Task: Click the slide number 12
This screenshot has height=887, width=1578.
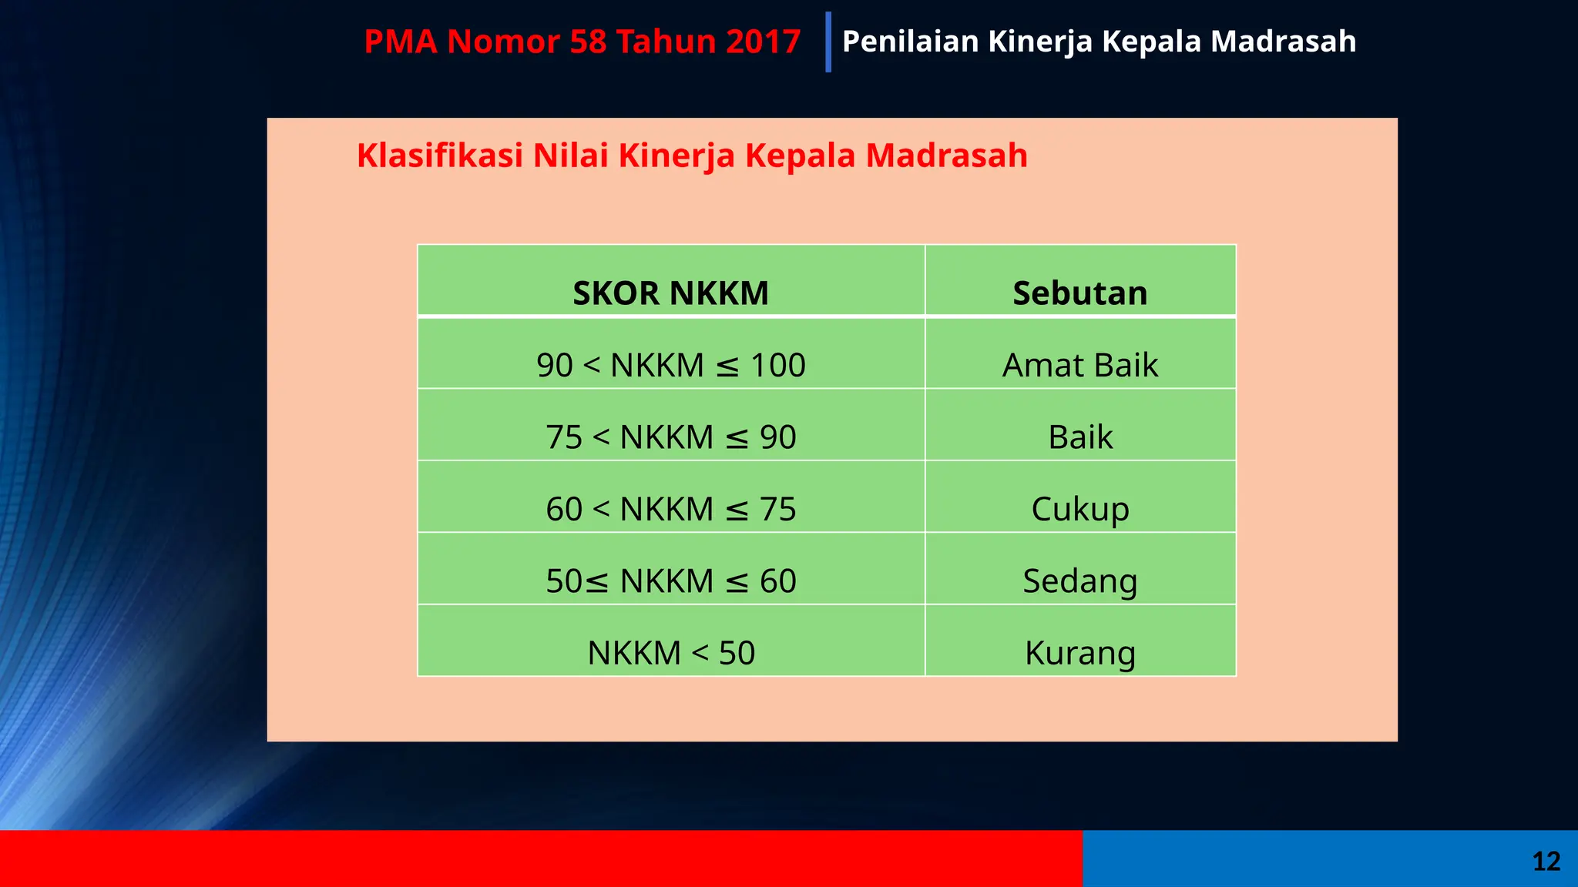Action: tap(1546, 861)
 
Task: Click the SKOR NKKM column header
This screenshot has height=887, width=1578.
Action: tap(670, 293)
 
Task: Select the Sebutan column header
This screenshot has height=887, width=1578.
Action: tap(1079, 293)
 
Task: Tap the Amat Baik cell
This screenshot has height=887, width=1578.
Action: tap(1079, 365)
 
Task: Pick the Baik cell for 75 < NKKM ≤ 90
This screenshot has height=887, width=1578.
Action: tap(1079, 437)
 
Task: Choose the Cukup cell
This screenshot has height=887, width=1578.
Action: tap(1079, 509)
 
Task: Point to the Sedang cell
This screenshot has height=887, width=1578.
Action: tap(1079, 581)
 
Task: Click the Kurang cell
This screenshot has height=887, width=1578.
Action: tap(1079, 653)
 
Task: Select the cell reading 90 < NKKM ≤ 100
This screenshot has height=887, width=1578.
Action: tap(670, 365)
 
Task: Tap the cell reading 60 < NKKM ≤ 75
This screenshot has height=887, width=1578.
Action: tap(670, 509)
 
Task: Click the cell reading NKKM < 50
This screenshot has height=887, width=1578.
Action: tap(670, 653)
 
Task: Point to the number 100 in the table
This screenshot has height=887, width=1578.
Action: tap(777, 365)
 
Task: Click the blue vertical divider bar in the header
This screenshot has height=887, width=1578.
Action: tap(828, 42)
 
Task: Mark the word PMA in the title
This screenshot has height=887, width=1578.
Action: tap(400, 42)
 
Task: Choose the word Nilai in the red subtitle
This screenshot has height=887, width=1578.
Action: tap(571, 156)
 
